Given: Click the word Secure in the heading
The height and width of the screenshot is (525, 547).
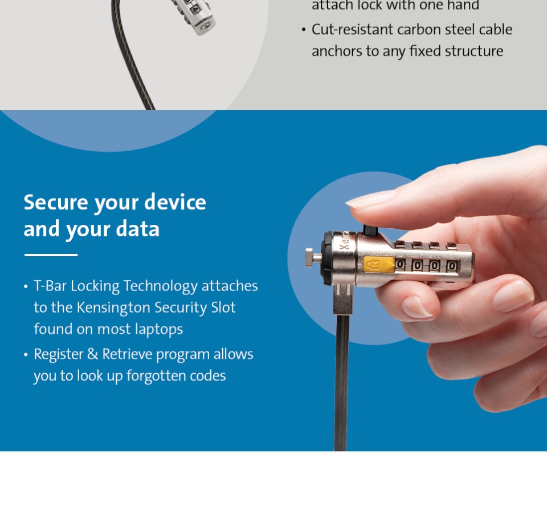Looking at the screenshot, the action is tap(56, 202).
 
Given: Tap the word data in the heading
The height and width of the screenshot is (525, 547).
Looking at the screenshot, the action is tap(137, 229).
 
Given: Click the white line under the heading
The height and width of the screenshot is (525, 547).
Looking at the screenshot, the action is tap(51, 255).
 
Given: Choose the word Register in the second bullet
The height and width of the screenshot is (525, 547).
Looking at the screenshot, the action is tap(58, 354).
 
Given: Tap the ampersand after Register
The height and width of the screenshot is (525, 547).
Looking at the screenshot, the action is tap(92, 354).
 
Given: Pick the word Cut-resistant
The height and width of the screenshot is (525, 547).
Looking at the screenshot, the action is tap(352, 29).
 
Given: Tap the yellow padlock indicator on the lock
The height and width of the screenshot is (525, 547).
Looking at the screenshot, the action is tap(378, 265).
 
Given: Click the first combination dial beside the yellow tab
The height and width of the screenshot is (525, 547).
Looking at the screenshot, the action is tap(400, 264).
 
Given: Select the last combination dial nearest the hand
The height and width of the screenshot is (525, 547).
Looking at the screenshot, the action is tap(452, 266).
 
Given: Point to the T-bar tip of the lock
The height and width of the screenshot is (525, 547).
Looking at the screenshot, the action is tap(309, 257).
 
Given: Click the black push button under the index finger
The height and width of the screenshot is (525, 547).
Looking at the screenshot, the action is tap(370, 230).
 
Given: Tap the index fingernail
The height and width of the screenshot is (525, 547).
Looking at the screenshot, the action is tap(370, 200).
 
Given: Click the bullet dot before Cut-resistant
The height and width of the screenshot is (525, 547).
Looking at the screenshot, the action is tap(304, 30).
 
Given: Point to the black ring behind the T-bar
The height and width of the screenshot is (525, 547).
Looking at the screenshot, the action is tap(326, 259).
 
